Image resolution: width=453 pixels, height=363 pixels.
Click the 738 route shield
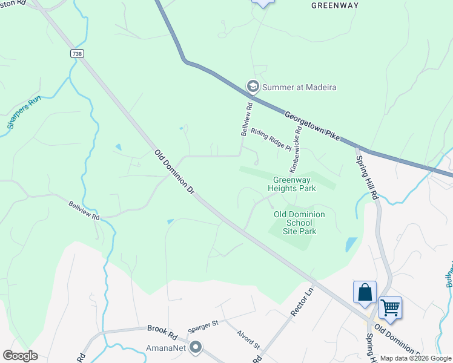[77, 54]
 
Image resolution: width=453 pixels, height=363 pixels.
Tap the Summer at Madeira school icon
[253, 87]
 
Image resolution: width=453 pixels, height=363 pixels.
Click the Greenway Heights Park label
[295, 184]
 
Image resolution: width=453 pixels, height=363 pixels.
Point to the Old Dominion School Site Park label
[299, 223]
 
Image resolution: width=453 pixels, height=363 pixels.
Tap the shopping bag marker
[365, 293]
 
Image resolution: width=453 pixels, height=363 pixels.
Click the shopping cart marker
[390, 309]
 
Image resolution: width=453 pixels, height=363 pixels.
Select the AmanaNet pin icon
[196, 347]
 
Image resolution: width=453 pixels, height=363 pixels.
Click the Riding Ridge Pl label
[271, 139]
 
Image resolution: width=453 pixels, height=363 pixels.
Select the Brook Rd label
[161, 329]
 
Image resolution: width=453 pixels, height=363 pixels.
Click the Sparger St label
[202, 325]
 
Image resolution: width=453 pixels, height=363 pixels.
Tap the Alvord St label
[248, 340]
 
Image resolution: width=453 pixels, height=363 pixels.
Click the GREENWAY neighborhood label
[335, 5]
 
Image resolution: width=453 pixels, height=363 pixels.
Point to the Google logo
[20, 356]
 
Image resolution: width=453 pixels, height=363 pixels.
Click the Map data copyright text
[415, 358]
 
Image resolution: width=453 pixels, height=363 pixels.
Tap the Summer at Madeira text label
[299, 87]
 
